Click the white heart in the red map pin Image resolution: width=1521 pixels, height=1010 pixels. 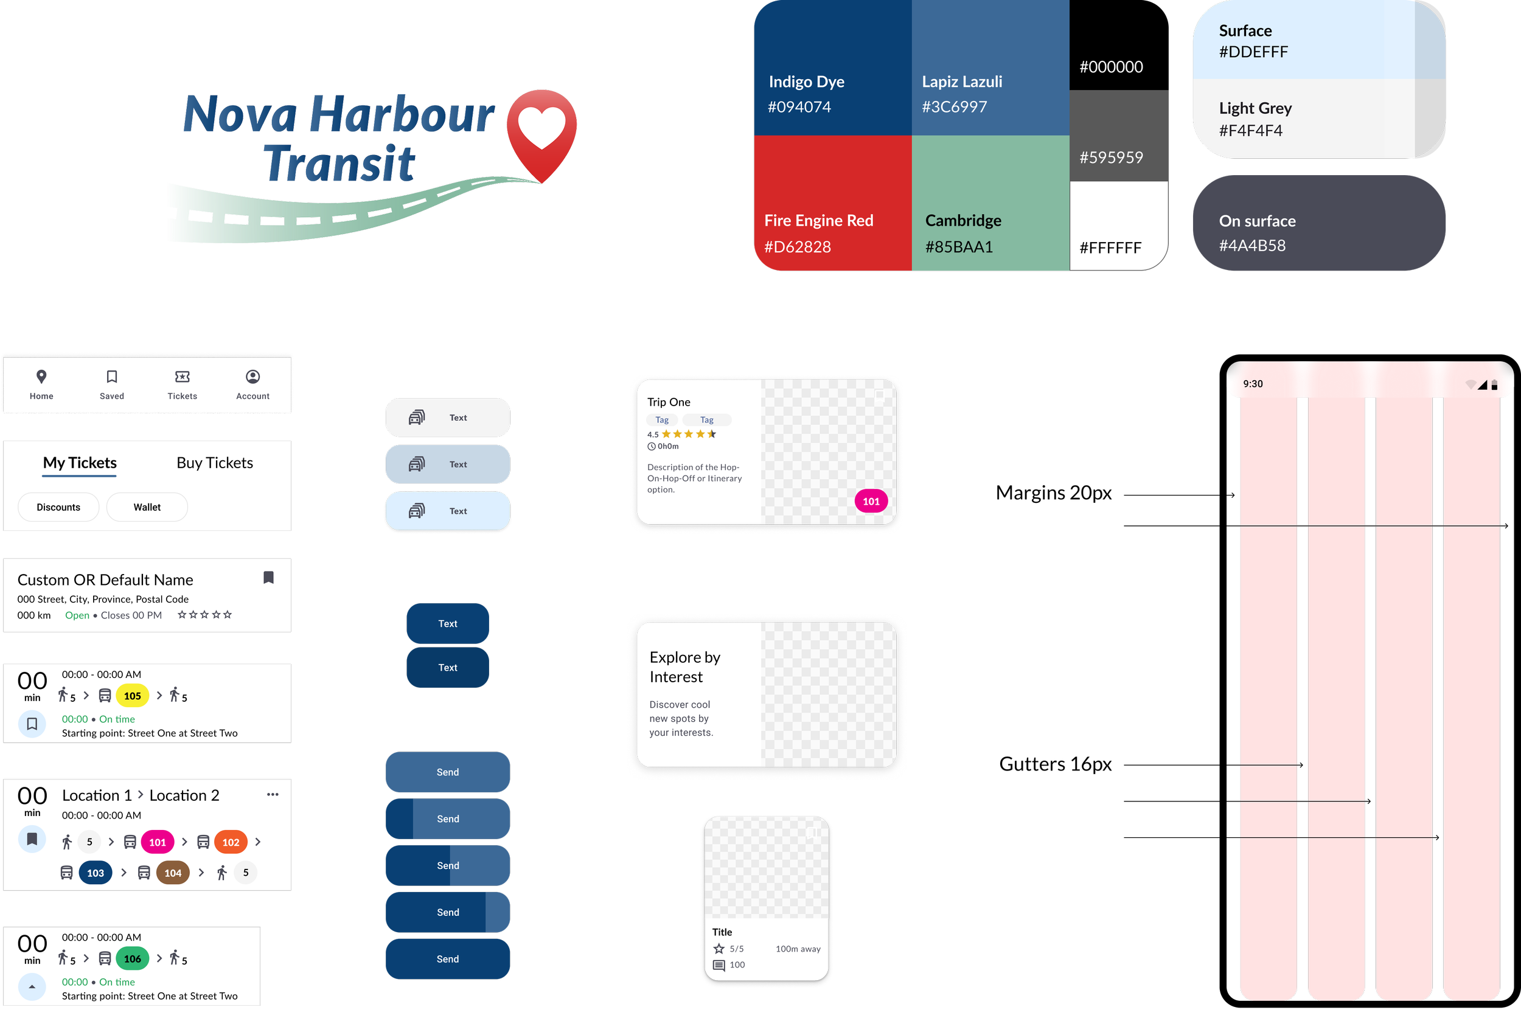(x=541, y=126)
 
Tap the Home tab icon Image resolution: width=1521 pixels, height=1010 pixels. (x=41, y=376)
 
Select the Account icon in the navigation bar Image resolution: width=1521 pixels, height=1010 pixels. (x=252, y=376)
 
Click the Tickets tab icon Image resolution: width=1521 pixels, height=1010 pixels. (x=183, y=376)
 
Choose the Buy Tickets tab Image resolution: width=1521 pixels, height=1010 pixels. (x=215, y=463)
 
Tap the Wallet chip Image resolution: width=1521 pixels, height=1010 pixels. (x=147, y=507)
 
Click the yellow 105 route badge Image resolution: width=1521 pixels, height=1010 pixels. (x=132, y=696)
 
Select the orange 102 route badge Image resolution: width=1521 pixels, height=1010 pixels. (x=231, y=842)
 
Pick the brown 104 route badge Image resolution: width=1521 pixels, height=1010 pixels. (x=173, y=873)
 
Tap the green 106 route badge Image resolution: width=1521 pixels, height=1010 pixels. (x=132, y=958)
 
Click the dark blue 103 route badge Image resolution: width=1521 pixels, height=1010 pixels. (x=96, y=873)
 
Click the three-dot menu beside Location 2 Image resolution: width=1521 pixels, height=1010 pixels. (x=273, y=794)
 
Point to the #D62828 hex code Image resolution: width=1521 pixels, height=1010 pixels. (x=797, y=247)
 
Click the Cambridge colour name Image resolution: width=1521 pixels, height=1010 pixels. (x=963, y=220)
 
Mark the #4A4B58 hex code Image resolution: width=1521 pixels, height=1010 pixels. (x=1251, y=246)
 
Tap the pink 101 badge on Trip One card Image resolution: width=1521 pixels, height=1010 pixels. (x=871, y=501)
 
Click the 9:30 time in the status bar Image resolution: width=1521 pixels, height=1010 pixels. (x=1252, y=384)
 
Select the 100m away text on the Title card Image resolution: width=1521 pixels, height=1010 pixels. (x=798, y=949)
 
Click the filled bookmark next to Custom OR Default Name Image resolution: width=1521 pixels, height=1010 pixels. (x=269, y=577)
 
